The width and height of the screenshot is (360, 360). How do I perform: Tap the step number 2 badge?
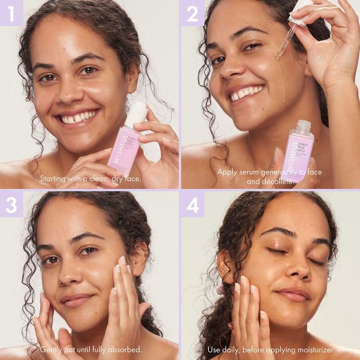point(192,13)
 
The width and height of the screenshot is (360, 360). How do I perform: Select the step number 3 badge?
point(11,203)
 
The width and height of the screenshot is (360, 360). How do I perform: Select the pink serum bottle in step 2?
point(297,152)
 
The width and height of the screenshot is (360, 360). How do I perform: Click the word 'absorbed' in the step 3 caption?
point(124,350)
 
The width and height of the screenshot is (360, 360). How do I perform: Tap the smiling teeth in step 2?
point(247,92)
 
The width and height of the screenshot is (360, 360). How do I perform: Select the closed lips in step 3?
point(76,299)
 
